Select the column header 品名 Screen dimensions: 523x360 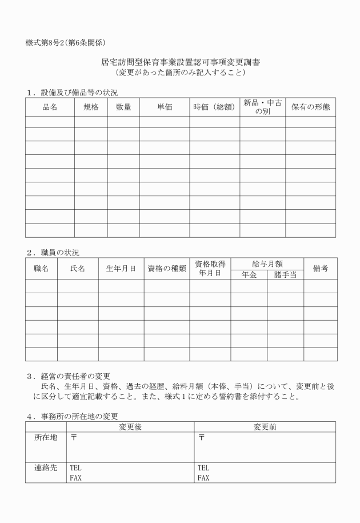click(x=50, y=107)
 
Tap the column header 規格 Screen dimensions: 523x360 click(x=91, y=107)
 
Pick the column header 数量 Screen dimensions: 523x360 click(x=123, y=107)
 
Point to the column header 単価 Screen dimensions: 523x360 click(x=165, y=107)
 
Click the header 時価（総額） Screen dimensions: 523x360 click(x=214, y=107)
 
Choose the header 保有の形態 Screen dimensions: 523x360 click(x=310, y=107)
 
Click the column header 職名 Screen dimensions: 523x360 click(x=41, y=268)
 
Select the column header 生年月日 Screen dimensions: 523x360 click(x=121, y=268)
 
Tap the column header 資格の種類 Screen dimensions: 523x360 click(x=167, y=268)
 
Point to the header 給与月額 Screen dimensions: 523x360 click(x=267, y=263)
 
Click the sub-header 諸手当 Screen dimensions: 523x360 click(x=285, y=274)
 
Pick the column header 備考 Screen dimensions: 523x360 click(x=320, y=268)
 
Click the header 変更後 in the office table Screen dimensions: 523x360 click(x=130, y=426)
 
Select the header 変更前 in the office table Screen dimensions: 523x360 click(x=265, y=426)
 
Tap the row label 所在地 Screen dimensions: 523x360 click(x=46, y=438)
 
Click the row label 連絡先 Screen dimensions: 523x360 click(x=46, y=467)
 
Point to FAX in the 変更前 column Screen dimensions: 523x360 click(x=203, y=477)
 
